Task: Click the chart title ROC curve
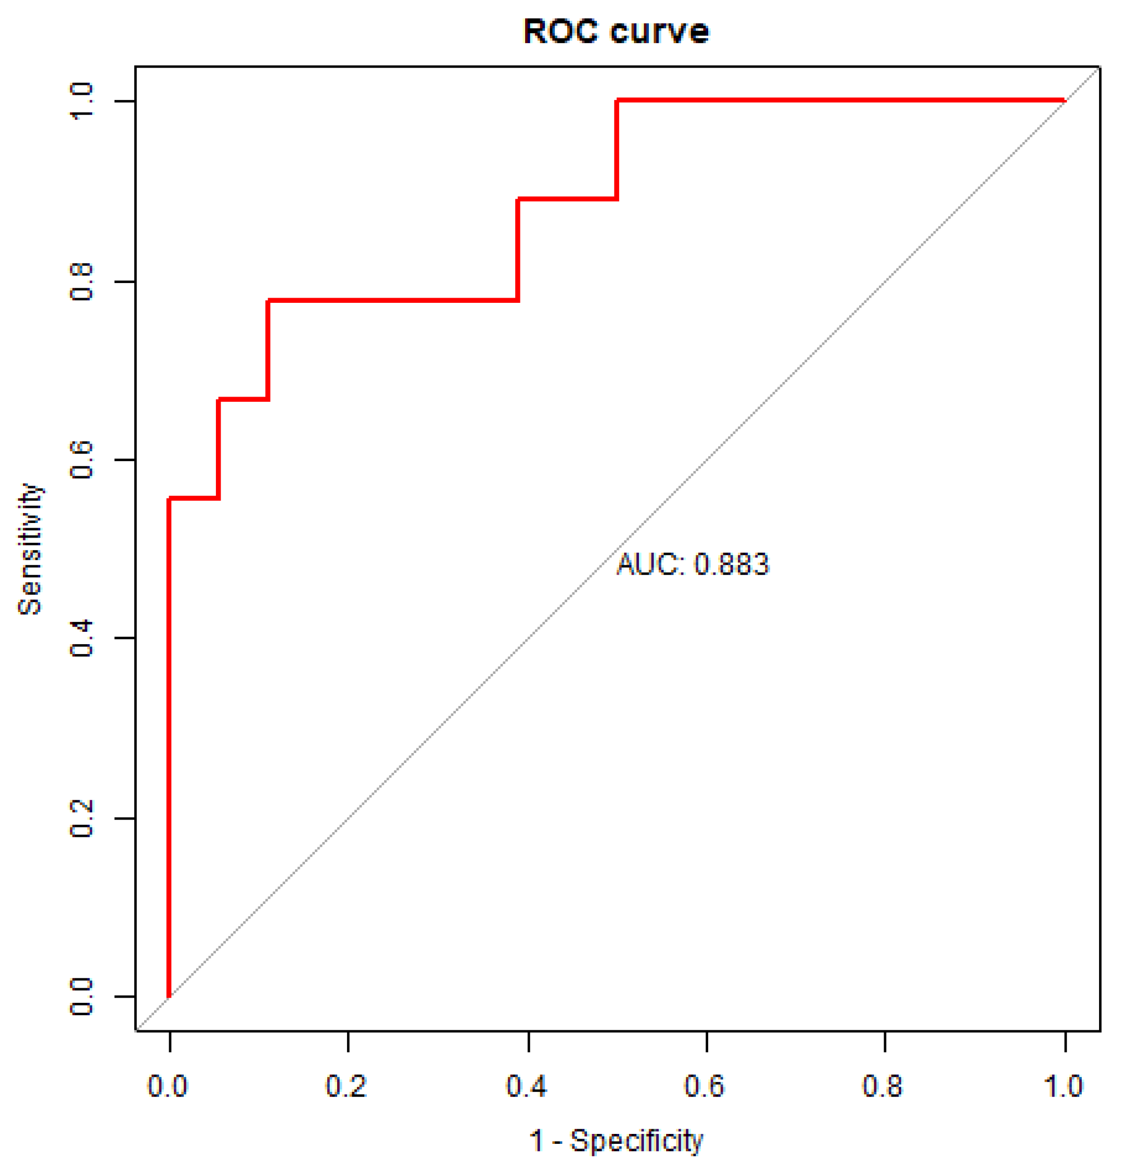tap(616, 31)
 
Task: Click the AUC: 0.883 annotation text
tap(692, 564)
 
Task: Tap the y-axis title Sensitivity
tap(30, 549)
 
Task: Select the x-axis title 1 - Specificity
tap(616, 1141)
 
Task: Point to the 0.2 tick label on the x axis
tap(346, 1086)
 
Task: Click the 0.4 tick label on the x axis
tap(527, 1086)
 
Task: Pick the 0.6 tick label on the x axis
tap(705, 1086)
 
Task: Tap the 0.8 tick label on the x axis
tap(883, 1086)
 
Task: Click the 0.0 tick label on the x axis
tap(168, 1086)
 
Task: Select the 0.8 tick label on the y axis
tap(82, 282)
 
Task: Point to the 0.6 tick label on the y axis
tap(82, 460)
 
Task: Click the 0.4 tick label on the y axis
tap(82, 639)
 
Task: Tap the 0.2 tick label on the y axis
tap(82, 819)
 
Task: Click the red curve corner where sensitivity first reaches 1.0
tap(617, 100)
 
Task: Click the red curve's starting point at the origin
tap(170, 996)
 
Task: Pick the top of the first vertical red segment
tap(170, 499)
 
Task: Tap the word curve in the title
tap(659, 31)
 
